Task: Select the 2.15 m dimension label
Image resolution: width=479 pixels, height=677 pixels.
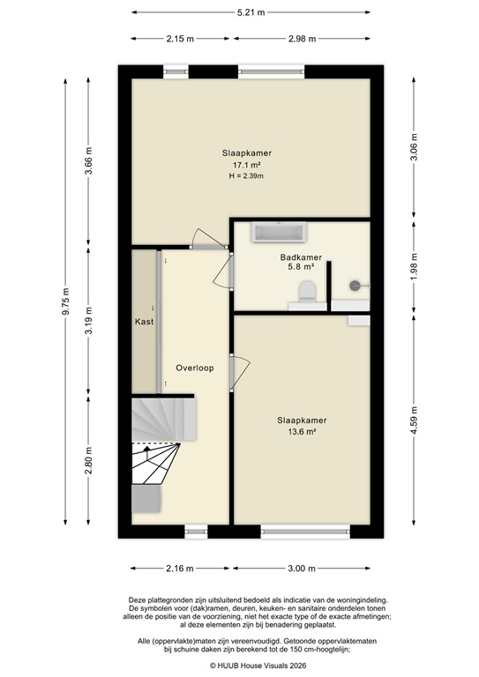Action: coord(179,39)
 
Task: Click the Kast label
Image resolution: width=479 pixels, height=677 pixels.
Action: coord(144,322)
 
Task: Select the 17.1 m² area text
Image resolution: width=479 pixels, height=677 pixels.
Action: coord(246,165)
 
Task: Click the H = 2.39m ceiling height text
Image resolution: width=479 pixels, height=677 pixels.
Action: coord(246,176)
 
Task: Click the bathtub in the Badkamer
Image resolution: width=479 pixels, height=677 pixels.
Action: coord(279,233)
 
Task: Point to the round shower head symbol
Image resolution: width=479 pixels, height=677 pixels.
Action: coord(356,285)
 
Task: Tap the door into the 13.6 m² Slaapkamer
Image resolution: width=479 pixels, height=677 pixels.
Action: coord(240,370)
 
